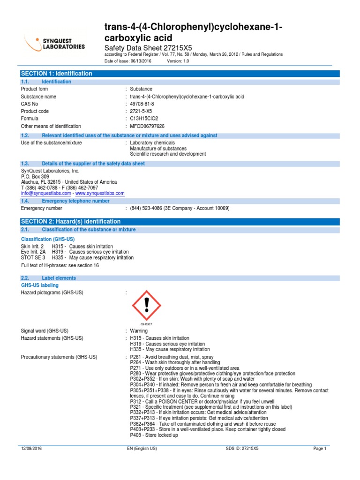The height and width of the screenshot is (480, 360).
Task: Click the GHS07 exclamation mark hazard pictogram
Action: pyautogui.click(x=147, y=305)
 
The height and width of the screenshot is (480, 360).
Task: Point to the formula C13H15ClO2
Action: pyautogui.click(x=144, y=119)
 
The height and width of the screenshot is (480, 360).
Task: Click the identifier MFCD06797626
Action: pyautogui.click(x=147, y=126)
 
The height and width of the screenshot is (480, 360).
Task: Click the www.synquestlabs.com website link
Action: pyautogui.click(x=100, y=193)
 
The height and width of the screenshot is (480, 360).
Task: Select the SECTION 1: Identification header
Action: pyautogui.click(x=56, y=74)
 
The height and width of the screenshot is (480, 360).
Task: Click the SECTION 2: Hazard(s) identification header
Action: pyautogui.click(x=70, y=221)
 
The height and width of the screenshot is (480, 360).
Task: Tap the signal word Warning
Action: pyautogui.click(x=139, y=330)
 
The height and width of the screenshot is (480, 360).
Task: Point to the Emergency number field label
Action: pyautogui.click(x=41, y=208)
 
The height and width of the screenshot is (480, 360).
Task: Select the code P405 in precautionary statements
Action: pyautogui.click(x=135, y=435)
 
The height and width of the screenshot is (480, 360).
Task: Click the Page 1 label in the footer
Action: pyautogui.click(x=320, y=449)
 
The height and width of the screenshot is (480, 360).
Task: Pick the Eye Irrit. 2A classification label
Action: pyautogui.click(x=33, y=252)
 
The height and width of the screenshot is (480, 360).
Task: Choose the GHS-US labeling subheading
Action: pyautogui.click(x=40, y=285)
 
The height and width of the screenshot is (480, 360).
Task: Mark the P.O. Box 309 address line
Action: pyautogui.click(x=35, y=177)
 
